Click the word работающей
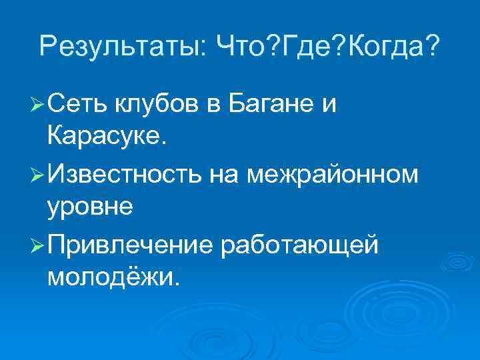297,245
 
